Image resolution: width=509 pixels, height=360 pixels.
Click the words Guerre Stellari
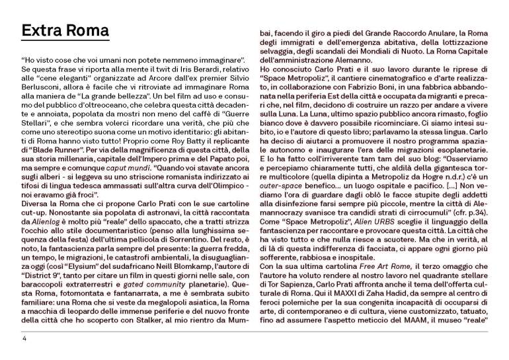214,115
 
